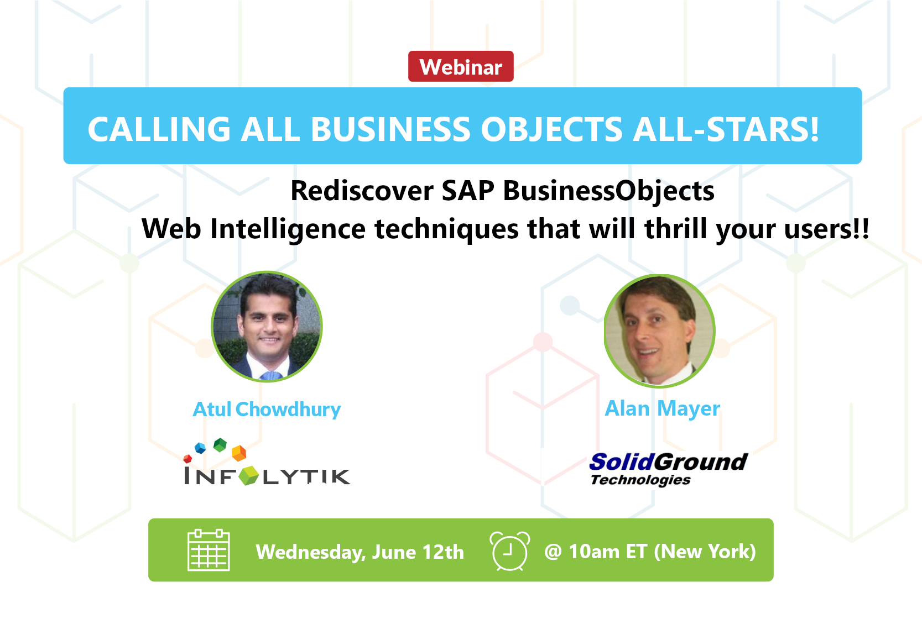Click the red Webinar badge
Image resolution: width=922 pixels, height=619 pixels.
461,66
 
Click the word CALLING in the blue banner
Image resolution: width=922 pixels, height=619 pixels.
159,129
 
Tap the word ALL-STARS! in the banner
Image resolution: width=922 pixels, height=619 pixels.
726,129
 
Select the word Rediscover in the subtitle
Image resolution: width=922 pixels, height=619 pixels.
362,191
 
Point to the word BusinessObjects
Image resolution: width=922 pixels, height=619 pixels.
609,192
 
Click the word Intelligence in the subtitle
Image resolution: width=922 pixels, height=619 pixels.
288,229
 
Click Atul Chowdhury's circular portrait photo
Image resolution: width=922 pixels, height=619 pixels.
267,327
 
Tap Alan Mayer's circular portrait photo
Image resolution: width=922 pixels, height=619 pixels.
659,331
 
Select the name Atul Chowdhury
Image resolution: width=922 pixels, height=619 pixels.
267,410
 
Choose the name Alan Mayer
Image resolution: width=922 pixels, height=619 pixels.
662,408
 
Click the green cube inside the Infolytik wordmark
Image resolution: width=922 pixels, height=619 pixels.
248,476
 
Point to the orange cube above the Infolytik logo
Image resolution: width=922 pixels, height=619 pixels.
239,453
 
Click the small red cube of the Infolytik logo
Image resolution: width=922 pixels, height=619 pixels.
187,458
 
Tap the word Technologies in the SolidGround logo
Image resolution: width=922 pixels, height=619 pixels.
640,480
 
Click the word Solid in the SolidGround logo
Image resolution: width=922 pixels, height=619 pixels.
622,461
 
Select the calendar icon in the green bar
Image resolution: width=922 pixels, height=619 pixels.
209,550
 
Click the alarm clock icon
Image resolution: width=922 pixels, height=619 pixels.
509,550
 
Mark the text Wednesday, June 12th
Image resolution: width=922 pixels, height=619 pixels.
360,552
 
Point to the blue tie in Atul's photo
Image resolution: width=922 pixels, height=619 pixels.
271,375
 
